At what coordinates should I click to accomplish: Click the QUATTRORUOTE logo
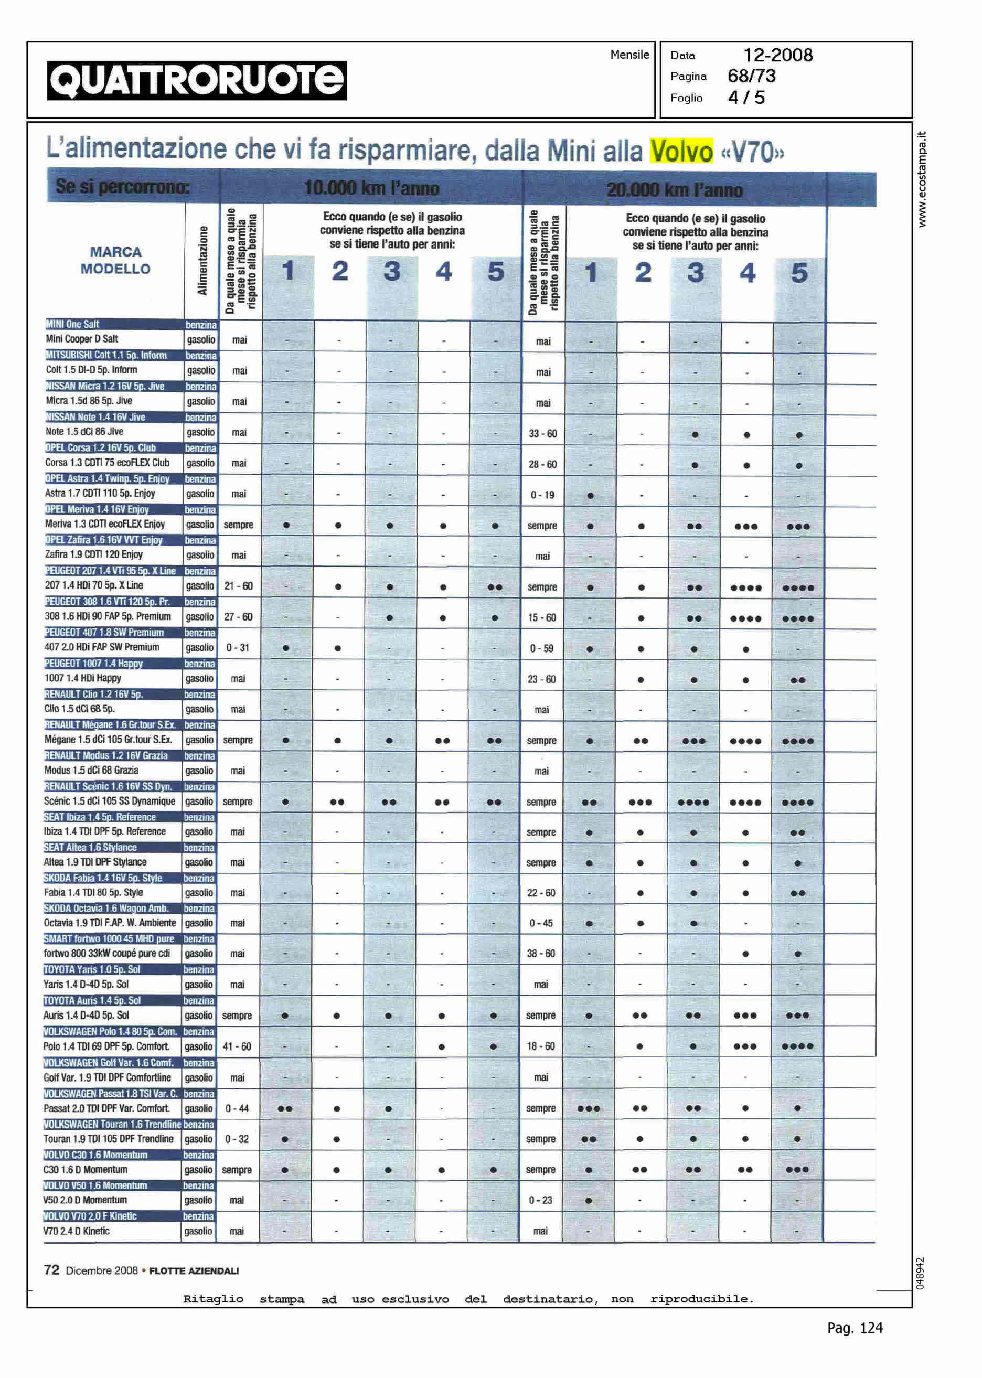[197, 80]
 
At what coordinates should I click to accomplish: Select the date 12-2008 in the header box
[777, 55]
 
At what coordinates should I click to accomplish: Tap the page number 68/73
[752, 76]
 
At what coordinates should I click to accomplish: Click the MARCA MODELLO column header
[115, 260]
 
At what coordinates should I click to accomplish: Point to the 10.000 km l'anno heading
[371, 188]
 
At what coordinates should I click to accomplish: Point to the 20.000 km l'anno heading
[674, 190]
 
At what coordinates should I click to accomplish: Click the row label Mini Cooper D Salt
[82, 339]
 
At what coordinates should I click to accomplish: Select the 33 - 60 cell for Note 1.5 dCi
[542, 433]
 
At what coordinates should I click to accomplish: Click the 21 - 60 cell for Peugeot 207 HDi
[238, 586]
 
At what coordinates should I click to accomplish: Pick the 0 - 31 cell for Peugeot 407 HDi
[238, 648]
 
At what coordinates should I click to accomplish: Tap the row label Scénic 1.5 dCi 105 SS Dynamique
[110, 801]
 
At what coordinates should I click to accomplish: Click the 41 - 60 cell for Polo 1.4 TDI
[237, 1046]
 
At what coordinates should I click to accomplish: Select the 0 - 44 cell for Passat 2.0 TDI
[237, 1108]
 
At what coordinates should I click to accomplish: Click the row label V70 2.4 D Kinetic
[76, 1231]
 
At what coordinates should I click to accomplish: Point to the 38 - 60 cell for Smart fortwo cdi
[541, 954]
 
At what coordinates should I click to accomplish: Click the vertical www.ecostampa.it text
[922, 179]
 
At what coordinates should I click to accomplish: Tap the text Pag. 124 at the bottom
[855, 1328]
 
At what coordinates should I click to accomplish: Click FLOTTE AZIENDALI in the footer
[194, 1271]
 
